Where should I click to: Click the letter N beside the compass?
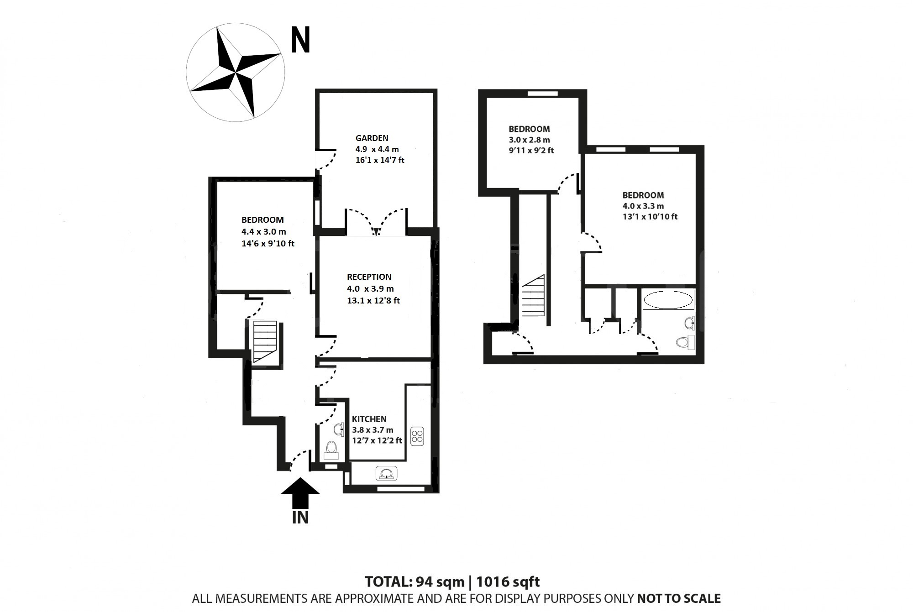point(300,40)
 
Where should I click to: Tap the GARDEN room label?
point(372,138)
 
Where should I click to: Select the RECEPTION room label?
point(369,277)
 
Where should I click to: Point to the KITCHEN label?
point(369,419)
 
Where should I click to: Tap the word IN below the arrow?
point(300,518)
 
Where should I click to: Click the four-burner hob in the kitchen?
point(417,435)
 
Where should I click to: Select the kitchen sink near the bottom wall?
point(387,474)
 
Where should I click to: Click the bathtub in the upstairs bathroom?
point(668,300)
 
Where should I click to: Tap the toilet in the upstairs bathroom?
point(685,342)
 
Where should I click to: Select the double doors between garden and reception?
point(376,223)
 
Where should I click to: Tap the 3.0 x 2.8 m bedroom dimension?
point(529,140)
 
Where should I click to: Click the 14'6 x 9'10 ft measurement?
point(268,244)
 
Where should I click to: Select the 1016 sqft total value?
point(508,582)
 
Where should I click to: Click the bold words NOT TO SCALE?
point(678,598)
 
